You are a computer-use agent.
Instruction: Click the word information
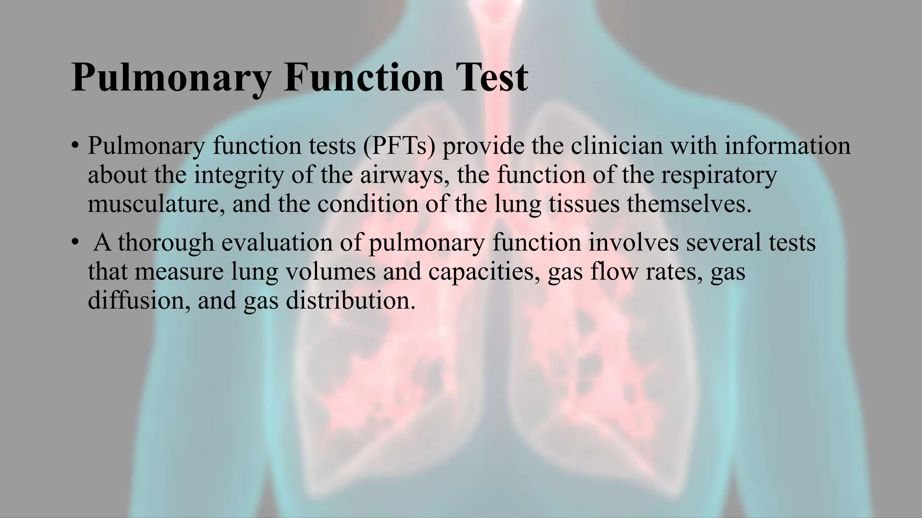[787, 146]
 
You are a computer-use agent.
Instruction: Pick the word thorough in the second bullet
[166, 242]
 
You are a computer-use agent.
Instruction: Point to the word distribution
[350, 300]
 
